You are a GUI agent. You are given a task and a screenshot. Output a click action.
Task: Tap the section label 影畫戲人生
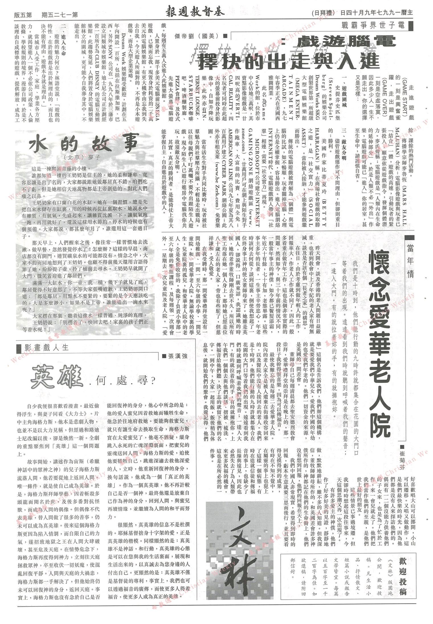pos(46,348)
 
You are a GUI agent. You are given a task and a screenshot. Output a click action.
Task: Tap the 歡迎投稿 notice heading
pos(403,568)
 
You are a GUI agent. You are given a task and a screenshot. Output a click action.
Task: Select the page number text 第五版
pos(23,14)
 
